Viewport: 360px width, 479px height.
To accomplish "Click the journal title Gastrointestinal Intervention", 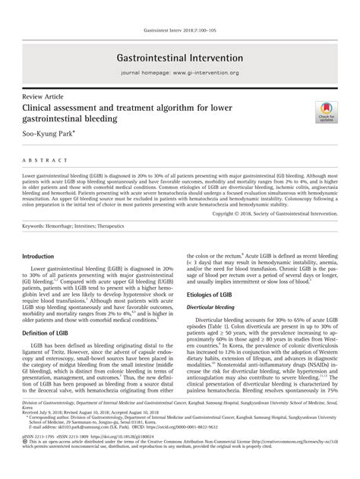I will tap(179, 58).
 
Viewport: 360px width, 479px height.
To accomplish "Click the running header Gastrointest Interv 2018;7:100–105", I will tap(179, 31).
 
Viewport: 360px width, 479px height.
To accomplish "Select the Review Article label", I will tap(42, 99).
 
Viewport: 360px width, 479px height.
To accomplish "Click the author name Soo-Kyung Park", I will tap(48, 134).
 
